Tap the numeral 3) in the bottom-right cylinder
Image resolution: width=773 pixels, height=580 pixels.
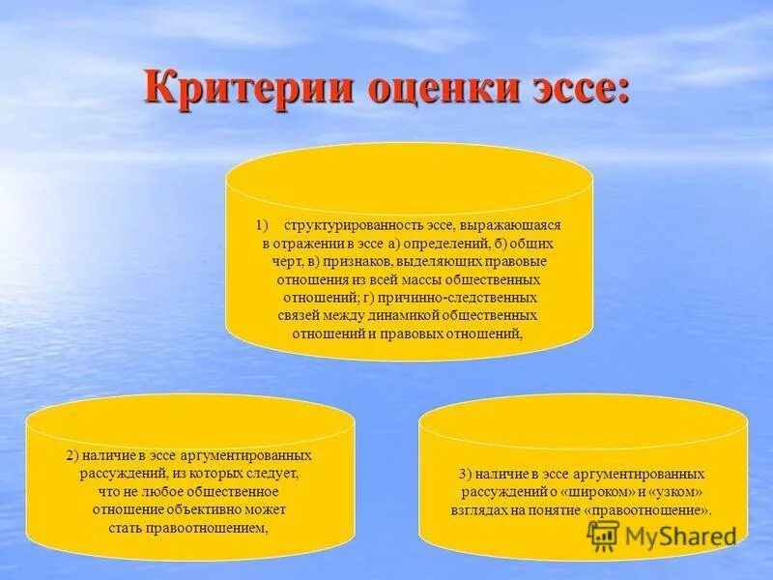click(x=465, y=475)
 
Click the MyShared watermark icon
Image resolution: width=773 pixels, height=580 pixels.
click(x=602, y=535)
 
